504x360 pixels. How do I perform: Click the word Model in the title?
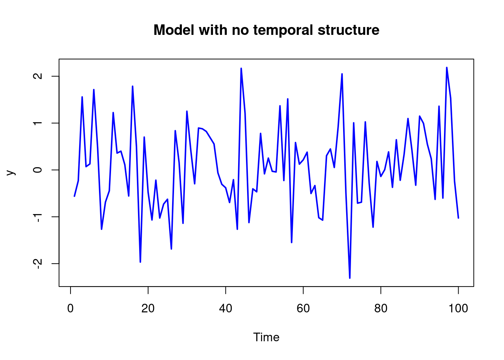click(174, 30)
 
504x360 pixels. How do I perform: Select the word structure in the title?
click(348, 30)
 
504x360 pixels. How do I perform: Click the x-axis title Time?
click(266, 337)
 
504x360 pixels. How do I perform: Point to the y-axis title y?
click(11, 172)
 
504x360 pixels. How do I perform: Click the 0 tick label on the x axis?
click(70, 308)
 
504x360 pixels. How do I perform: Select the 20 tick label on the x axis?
click(148, 308)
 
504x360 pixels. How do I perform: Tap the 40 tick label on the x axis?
click(225, 308)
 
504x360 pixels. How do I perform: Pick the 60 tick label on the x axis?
click(303, 308)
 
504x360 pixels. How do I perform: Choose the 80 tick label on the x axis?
click(381, 308)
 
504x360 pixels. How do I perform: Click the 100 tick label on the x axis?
click(458, 308)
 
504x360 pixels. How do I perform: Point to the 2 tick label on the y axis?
click(37, 76)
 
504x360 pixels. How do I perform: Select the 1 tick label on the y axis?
click(37, 123)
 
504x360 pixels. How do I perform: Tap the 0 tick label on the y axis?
click(37, 169)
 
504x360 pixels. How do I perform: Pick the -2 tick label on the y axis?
click(37, 264)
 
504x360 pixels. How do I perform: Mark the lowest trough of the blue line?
click(349, 278)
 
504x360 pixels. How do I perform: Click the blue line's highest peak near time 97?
click(447, 67)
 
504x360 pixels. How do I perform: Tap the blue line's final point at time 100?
click(458, 218)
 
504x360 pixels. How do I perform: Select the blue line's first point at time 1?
click(74, 196)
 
